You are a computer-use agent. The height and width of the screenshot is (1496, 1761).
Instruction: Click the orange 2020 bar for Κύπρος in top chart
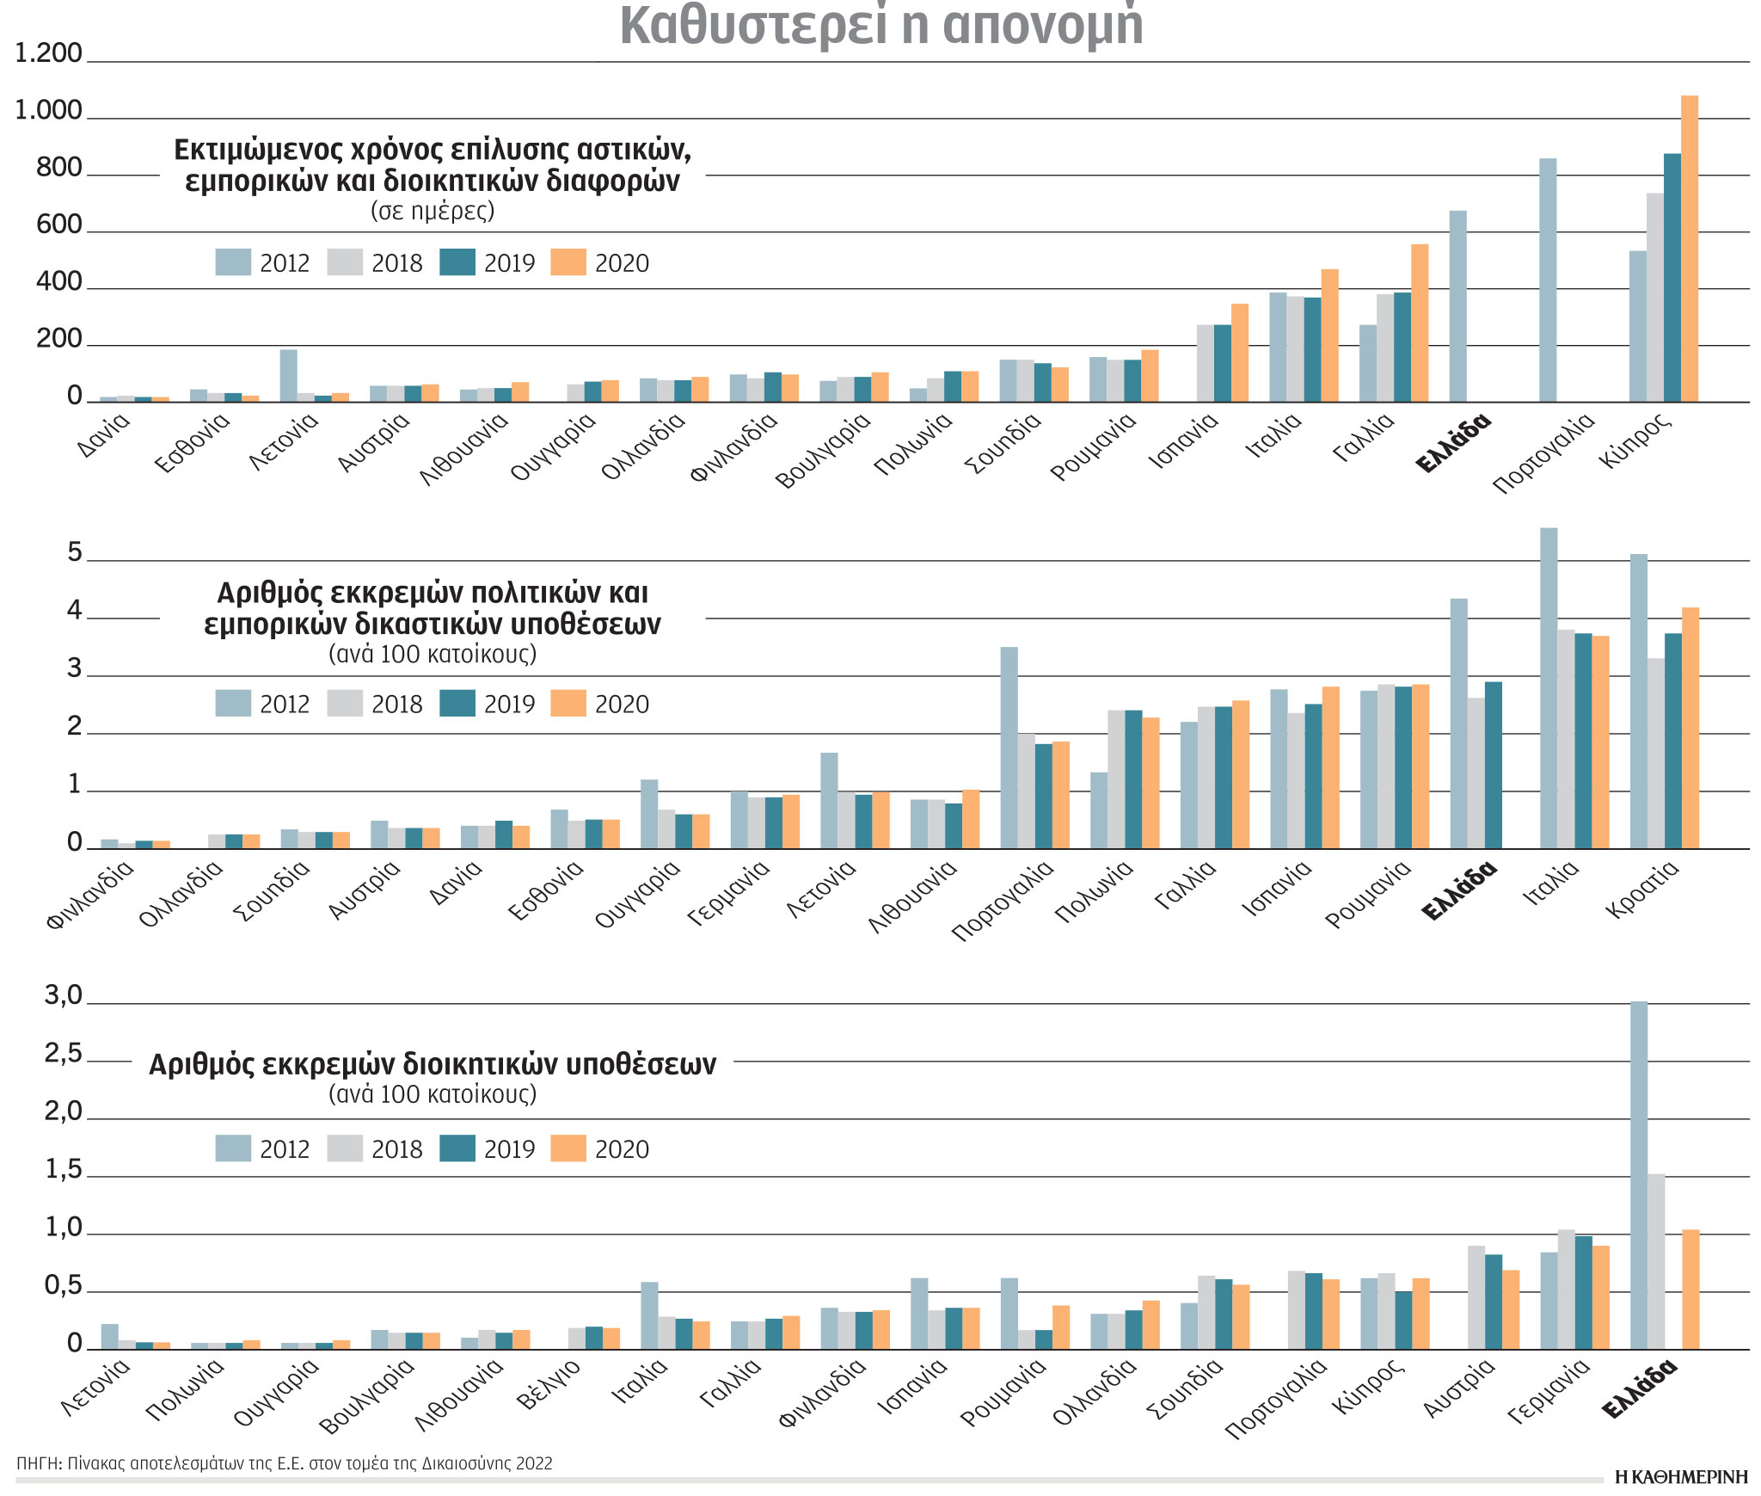point(1689,249)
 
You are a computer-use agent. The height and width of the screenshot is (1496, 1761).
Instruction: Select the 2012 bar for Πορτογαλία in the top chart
point(1548,280)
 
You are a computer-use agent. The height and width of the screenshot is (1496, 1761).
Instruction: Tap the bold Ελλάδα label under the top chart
point(1452,444)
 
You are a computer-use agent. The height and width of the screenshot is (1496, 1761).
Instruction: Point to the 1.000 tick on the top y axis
point(48,111)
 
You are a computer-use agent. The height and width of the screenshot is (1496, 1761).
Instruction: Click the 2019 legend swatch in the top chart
point(457,262)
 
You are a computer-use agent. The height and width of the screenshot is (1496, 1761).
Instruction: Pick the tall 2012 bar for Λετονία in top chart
point(289,376)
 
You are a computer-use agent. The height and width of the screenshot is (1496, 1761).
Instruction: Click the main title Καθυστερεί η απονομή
point(881,26)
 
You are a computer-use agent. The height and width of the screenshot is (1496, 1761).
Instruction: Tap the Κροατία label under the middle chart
point(1641,889)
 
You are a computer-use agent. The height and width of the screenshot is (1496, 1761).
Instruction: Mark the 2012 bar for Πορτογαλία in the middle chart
point(1009,748)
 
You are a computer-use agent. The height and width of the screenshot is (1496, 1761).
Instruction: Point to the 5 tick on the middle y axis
point(75,553)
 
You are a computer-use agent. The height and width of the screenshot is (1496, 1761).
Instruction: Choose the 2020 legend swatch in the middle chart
point(568,704)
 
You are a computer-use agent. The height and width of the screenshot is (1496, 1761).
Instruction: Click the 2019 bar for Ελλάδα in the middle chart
point(1493,765)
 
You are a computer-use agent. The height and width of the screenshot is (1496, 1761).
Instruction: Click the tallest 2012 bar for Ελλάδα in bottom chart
point(1639,1174)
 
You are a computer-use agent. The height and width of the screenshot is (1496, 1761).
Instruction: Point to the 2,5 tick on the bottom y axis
point(64,1054)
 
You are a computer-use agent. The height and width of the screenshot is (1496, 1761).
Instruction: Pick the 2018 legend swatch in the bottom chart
point(345,1148)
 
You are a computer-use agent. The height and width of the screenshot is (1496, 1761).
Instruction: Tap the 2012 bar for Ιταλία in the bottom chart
point(649,1315)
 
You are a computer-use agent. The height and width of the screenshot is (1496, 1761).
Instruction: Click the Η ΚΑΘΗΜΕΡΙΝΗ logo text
point(1681,1477)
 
